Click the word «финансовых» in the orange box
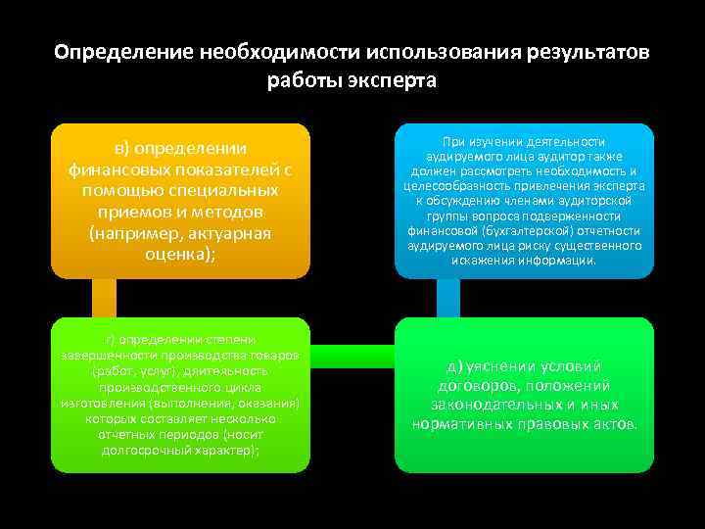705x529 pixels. click(x=122, y=169)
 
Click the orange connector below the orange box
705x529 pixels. click(x=104, y=298)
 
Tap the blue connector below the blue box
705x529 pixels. click(x=447, y=298)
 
